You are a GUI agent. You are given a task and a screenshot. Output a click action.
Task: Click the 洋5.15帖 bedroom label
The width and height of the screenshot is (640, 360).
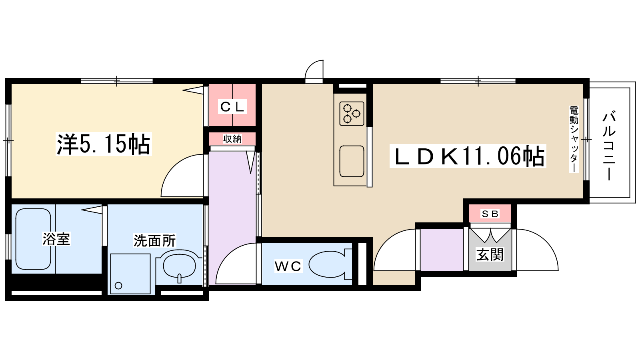pos(104,144)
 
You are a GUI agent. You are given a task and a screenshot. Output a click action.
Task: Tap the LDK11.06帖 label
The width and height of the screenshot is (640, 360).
pos(468,156)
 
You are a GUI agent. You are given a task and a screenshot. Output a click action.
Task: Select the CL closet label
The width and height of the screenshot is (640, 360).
pos(232,106)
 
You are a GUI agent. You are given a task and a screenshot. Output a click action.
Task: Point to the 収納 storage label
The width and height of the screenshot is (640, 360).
pos(232,139)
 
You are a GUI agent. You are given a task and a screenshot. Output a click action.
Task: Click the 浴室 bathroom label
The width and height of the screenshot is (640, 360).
pos(56,239)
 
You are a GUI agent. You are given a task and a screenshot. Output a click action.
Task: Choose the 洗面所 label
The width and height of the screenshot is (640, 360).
pos(154,240)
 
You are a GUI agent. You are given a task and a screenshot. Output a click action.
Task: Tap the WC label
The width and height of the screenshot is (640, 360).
pos(288,266)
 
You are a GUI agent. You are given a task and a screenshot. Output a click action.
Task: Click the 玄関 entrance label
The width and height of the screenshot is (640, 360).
pos(490,254)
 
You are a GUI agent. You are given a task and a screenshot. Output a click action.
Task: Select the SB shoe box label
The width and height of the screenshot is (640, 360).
pos(490,214)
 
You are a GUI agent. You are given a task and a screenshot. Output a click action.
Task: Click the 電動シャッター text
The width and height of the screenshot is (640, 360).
pos(574,139)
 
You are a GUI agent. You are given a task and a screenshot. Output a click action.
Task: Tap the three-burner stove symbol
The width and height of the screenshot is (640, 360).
pos(352,114)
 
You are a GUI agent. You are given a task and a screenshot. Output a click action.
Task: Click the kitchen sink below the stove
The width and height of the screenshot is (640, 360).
pos(352,162)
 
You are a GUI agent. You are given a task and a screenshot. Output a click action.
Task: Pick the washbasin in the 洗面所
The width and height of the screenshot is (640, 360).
pos(179,266)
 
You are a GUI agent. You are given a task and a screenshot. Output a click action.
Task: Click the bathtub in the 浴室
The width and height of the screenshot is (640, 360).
pos(33,239)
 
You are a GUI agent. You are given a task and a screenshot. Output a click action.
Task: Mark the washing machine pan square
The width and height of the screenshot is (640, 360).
pos(130,274)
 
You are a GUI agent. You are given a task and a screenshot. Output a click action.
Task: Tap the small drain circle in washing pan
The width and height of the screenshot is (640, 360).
pos(118,286)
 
